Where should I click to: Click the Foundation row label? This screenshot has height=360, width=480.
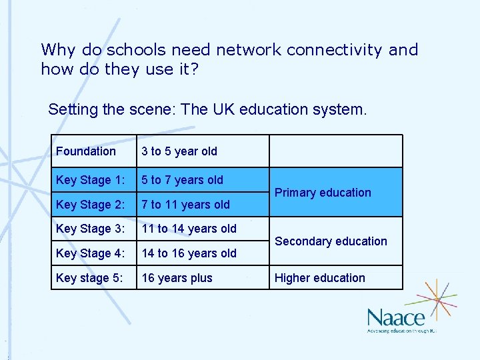(x=86, y=151)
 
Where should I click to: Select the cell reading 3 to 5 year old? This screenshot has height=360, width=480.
(x=179, y=151)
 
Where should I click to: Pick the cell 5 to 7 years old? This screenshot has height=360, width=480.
(x=182, y=180)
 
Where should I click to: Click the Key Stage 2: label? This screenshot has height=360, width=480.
(x=90, y=205)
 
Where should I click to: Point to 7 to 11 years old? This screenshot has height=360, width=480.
(x=185, y=205)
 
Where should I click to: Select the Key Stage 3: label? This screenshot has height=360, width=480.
(x=90, y=229)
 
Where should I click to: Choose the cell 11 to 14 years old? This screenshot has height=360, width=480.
(x=189, y=229)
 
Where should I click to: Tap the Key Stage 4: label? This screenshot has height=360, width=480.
(x=90, y=253)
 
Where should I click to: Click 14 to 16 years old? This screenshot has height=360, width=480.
(x=189, y=253)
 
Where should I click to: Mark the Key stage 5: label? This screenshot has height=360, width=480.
(x=89, y=278)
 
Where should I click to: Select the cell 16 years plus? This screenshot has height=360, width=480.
(x=177, y=278)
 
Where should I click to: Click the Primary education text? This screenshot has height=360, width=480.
(x=323, y=193)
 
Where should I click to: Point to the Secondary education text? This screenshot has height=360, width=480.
(x=331, y=241)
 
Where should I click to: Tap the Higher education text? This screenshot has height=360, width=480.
(x=320, y=278)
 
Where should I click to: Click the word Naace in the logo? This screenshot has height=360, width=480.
(x=395, y=317)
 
